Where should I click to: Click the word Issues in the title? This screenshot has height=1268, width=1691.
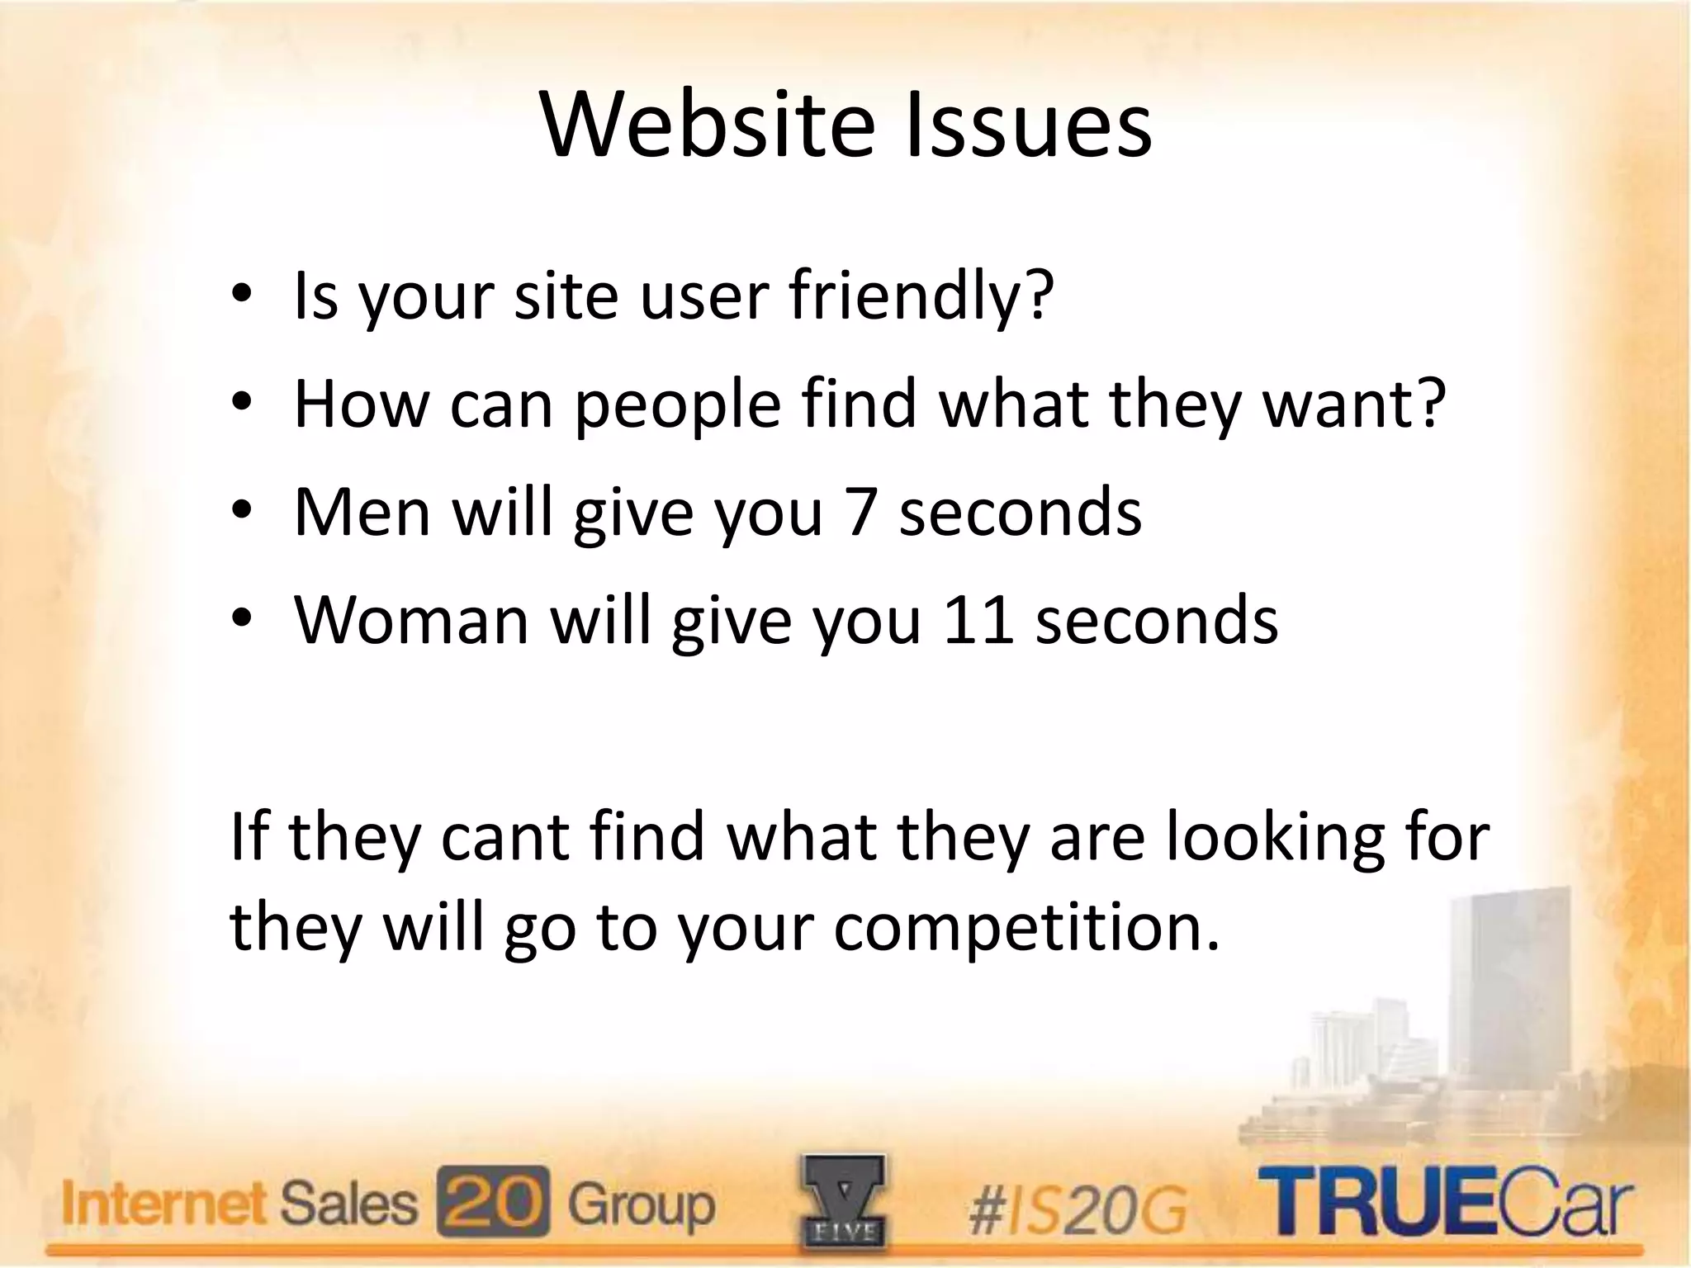click(x=1027, y=126)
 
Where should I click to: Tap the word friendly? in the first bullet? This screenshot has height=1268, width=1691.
click(x=921, y=298)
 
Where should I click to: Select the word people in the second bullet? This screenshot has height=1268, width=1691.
click(x=677, y=407)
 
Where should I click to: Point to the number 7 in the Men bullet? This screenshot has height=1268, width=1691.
click(x=860, y=513)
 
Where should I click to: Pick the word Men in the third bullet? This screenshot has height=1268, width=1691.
click(x=362, y=513)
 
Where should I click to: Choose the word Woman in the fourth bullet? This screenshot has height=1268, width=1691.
click(x=411, y=620)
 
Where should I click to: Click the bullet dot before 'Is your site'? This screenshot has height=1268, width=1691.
click(x=241, y=298)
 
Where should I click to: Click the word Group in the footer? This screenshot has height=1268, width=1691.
click(x=641, y=1204)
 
